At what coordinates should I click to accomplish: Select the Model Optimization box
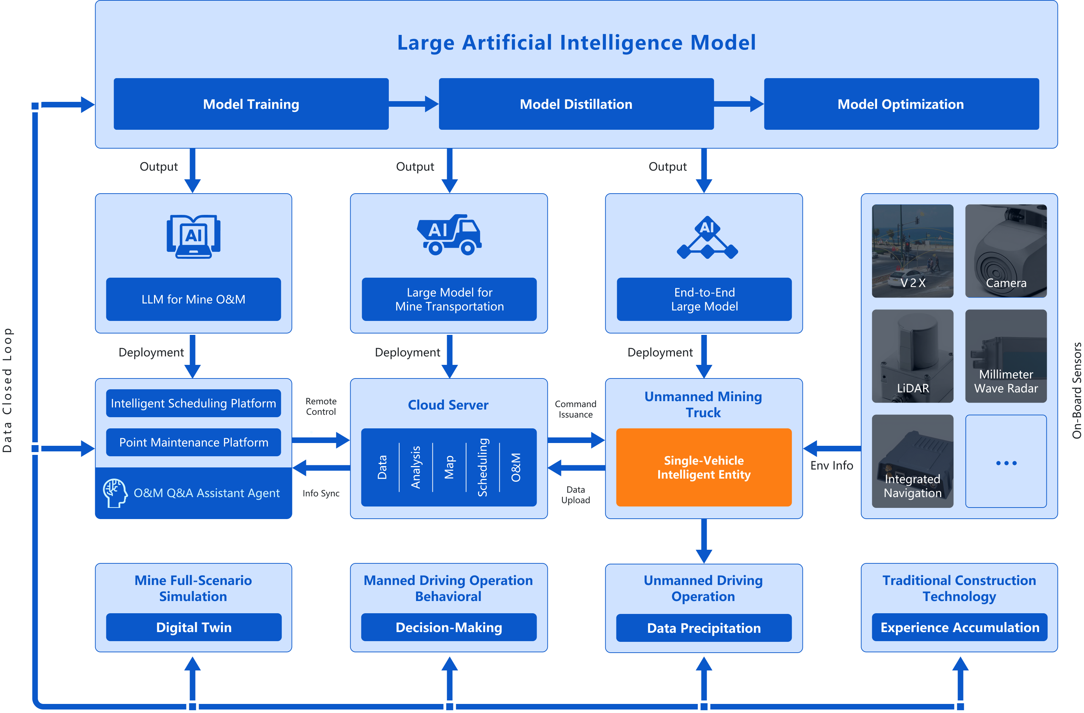pos(901,104)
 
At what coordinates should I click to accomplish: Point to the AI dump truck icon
pos(449,235)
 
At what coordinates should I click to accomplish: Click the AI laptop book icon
pos(194,236)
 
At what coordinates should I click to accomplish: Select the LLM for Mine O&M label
pos(194,299)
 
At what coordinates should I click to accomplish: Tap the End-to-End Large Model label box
pos(704,299)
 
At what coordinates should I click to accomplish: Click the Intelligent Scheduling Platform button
pos(194,403)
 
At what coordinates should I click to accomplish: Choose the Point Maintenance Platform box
pos(194,442)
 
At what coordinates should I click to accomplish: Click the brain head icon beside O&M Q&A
pos(114,493)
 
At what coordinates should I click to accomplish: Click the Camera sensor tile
pos(1006,251)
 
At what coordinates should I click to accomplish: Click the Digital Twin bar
pos(194,627)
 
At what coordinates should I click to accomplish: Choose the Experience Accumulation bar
pos(959,627)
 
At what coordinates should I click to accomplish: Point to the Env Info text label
pos(831,465)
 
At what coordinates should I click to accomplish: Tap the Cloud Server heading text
pos(448,405)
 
